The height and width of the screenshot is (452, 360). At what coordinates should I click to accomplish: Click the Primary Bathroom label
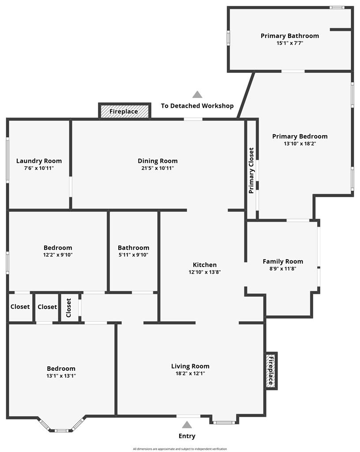pos(290,36)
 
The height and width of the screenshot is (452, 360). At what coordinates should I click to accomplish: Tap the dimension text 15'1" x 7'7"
pos(290,43)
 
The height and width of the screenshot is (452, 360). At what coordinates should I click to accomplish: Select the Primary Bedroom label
pos(300,136)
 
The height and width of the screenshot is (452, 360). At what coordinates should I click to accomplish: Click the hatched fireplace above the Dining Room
pos(124,111)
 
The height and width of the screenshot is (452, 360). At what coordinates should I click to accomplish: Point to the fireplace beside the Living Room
pos(271,371)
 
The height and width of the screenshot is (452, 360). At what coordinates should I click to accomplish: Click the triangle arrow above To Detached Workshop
pos(197,94)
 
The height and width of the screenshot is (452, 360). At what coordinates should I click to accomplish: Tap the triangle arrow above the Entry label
pos(187,425)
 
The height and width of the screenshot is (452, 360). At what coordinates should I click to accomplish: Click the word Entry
pos(187,436)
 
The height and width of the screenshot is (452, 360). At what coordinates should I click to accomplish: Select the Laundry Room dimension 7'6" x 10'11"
pos(39,168)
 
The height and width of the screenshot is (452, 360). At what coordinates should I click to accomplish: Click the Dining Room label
pos(157,161)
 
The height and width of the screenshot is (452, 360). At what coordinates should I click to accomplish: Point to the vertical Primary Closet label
pos(251,171)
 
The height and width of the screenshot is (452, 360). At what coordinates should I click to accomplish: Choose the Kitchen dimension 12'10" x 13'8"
pos(205,272)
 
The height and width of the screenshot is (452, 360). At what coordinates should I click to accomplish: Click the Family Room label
pos(283,261)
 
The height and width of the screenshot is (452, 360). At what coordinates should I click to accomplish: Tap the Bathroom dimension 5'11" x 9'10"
pos(133,255)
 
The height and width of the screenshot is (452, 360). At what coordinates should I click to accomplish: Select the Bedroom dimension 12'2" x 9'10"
pos(58,255)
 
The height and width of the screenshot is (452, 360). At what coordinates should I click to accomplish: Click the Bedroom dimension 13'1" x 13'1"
pos(61,376)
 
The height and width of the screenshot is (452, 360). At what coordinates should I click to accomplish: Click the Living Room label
pos(190,366)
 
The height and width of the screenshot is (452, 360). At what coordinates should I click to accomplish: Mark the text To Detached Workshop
pos(197,106)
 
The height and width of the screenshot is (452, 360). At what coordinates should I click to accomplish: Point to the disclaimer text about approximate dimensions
pos(180,449)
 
